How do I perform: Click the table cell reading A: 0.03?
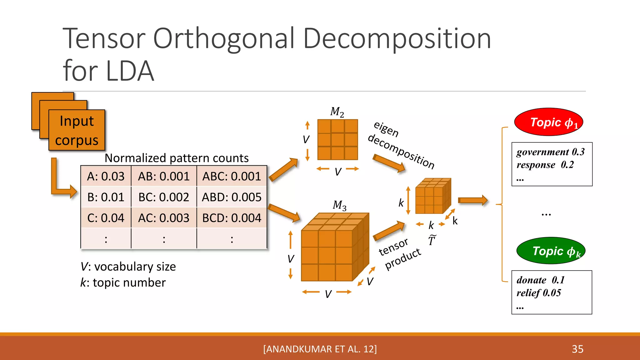coord(106,177)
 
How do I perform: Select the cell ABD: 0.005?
coord(232,197)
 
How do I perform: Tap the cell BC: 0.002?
coord(164,197)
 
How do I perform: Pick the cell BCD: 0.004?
coord(232,218)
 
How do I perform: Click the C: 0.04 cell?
coord(106,218)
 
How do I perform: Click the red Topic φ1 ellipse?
coord(549,122)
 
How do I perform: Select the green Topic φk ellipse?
coord(551,251)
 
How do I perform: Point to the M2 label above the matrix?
coord(337,112)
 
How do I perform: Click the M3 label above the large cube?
coord(339,205)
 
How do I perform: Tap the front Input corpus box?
coord(77,130)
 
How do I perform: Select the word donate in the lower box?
coord(531,280)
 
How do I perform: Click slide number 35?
coord(577,349)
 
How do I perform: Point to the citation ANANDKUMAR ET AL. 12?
coord(320,349)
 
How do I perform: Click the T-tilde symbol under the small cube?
coord(432,240)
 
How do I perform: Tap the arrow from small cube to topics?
coord(472,200)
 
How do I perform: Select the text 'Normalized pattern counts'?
coord(177,158)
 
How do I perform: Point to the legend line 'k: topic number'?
coord(123,282)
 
